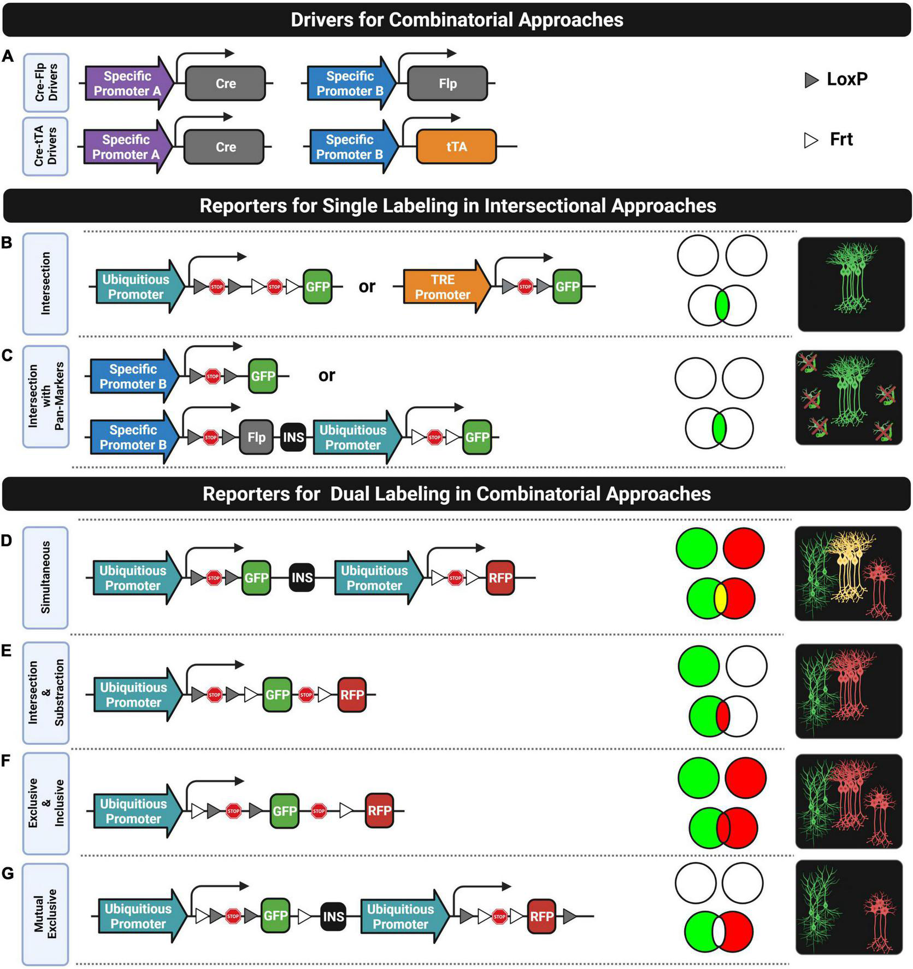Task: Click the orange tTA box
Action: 456,147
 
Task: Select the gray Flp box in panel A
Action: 447,84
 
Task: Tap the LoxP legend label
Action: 846,79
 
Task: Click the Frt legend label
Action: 841,139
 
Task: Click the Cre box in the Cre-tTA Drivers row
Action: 225,147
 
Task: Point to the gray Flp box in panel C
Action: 256,437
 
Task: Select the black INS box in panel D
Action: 302,578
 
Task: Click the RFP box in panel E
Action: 351,695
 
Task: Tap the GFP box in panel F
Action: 284,810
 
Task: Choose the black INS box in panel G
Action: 333,916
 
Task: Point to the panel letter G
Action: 8,873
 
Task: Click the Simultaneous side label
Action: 45,577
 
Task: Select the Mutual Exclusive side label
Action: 45,913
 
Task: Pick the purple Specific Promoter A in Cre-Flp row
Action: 127,84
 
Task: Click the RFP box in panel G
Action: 541,916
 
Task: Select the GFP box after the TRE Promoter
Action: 567,287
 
